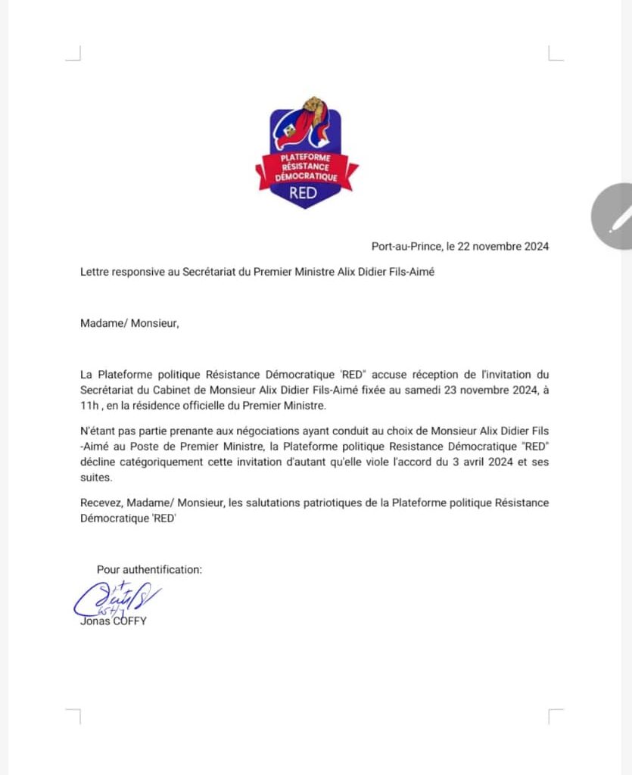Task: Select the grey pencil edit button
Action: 617,217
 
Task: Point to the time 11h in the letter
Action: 91,406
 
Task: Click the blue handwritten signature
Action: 117,599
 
